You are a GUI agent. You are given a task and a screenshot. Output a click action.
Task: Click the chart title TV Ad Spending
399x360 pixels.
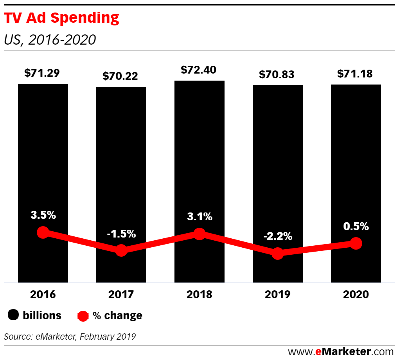pos(61,18)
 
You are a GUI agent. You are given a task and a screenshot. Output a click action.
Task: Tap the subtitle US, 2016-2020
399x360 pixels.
pos(50,40)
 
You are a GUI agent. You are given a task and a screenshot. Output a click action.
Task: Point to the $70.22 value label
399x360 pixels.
pos(120,76)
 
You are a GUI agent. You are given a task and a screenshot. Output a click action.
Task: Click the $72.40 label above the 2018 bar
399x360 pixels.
pos(199,70)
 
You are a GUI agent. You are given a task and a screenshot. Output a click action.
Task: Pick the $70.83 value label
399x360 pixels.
pos(277,75)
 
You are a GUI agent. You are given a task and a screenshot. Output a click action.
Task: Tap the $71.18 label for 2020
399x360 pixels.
pos(355,74)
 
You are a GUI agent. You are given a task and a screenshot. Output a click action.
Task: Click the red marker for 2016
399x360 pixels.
pos(43,232)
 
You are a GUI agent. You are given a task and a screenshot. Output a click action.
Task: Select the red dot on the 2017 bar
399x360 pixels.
pos(121,250)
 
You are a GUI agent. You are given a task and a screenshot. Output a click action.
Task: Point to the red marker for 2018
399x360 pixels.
pos(199,234)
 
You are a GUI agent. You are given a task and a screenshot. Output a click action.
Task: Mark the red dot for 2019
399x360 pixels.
pos(278,253)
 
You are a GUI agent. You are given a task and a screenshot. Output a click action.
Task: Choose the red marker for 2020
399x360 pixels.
pos(356,243)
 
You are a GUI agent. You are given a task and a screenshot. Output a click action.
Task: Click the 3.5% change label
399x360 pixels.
pos(43,215)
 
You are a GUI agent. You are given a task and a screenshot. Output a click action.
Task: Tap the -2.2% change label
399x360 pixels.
pos(278,236)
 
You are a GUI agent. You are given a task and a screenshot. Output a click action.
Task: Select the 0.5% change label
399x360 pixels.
pos(356,226)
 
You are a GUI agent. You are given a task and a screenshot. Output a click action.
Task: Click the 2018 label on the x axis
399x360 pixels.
pos(199,295)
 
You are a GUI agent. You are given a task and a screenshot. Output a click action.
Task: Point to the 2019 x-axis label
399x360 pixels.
pos(278,295)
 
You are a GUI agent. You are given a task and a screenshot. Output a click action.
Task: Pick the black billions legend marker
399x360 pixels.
pos(14,315)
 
